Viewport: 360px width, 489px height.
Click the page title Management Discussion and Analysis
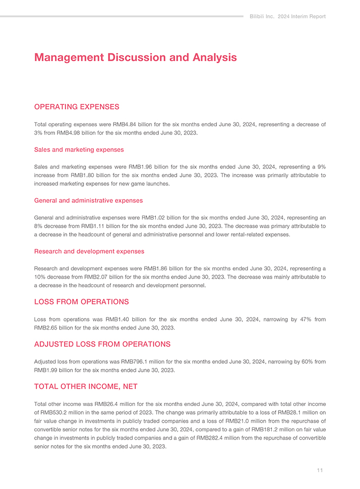tap(135, 58)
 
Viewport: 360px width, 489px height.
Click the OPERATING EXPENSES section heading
tap(76, 107)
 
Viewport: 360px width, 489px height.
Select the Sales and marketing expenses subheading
tap(78, 150)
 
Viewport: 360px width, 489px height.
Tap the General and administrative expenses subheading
tap(88, 201)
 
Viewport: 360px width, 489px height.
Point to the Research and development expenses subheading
tap(89, 251)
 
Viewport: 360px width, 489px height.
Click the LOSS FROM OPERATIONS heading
tap(81, 302)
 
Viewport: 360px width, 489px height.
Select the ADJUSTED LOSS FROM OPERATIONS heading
tap(102, 344)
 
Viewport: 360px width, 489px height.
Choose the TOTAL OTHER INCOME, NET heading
tap(86, 387)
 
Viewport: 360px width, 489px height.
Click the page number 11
tap(319, 470)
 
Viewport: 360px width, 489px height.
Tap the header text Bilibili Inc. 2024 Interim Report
tap(287, 16)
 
